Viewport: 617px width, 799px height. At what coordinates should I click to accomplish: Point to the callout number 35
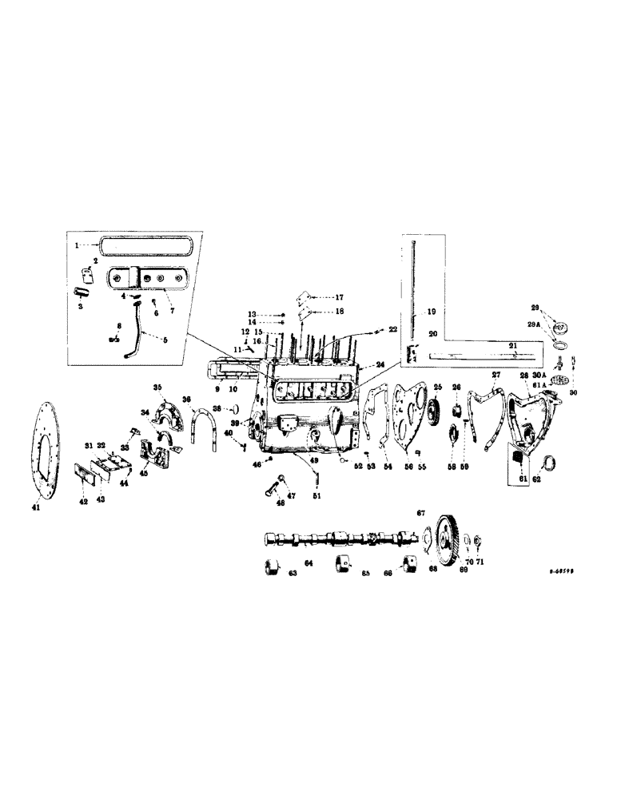[157, 388]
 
